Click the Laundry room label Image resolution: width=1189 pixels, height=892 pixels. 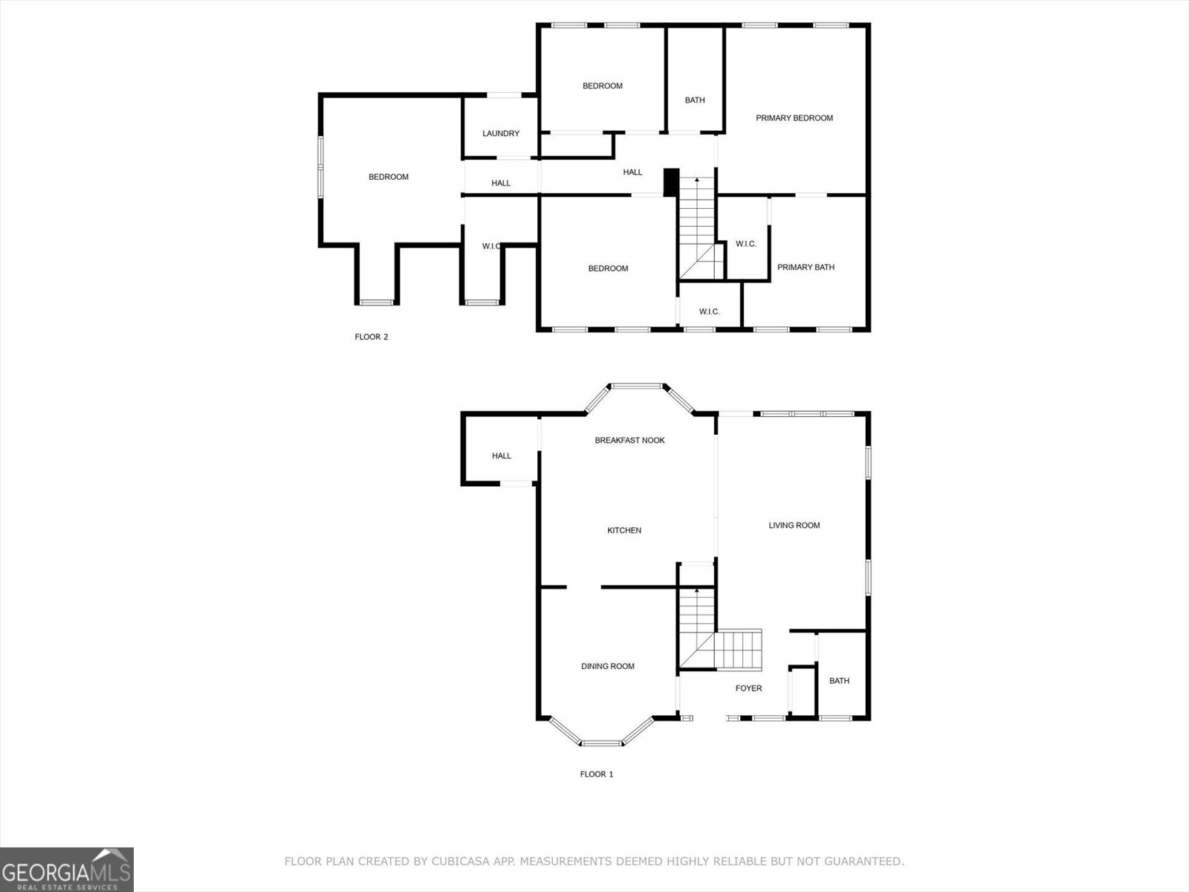click(x=501, y=134)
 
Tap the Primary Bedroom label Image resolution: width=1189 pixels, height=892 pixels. click(x=794, y=118)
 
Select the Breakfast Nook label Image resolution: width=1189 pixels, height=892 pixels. click(x=629, y=440)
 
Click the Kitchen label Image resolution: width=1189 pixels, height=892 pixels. click(x=624, y=530)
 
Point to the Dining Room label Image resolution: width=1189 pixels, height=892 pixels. click(x=607, y=666)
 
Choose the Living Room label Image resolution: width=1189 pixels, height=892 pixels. click(x=794, y=526)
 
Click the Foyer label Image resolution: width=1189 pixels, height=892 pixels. click(x=748, y=688)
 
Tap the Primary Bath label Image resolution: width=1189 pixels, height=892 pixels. click(x=806, y=268)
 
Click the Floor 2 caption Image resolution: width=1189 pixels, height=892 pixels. click(x=371, y=337)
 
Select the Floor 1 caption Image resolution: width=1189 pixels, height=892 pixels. click(x=596, y=774)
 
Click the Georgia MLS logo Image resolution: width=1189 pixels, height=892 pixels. click(x=66, y=869)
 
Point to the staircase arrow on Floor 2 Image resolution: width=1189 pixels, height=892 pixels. click(x=696, y=181)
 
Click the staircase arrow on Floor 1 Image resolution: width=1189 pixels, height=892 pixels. click(x=696, y=591)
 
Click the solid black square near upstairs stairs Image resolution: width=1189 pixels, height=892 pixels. click(x=670, y=183)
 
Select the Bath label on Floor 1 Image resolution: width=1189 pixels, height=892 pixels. click(x=839, y=681)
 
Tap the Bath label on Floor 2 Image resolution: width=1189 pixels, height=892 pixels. click(x=695, y=100)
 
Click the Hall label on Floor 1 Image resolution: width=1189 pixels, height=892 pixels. click(x=502, y=456)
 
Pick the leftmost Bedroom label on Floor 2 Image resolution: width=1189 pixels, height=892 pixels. click(x=389, y=177)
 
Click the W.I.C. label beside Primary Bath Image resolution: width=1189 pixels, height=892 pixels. click(x=745, y=244)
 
